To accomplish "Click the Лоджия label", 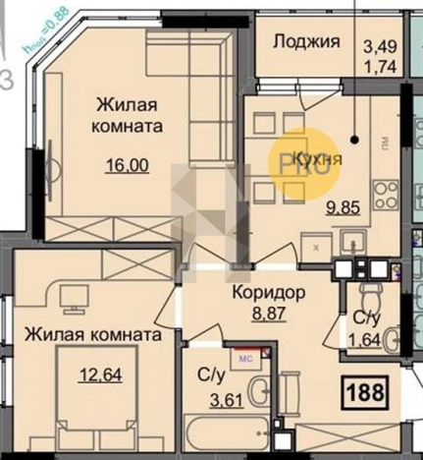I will pos(306,41).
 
